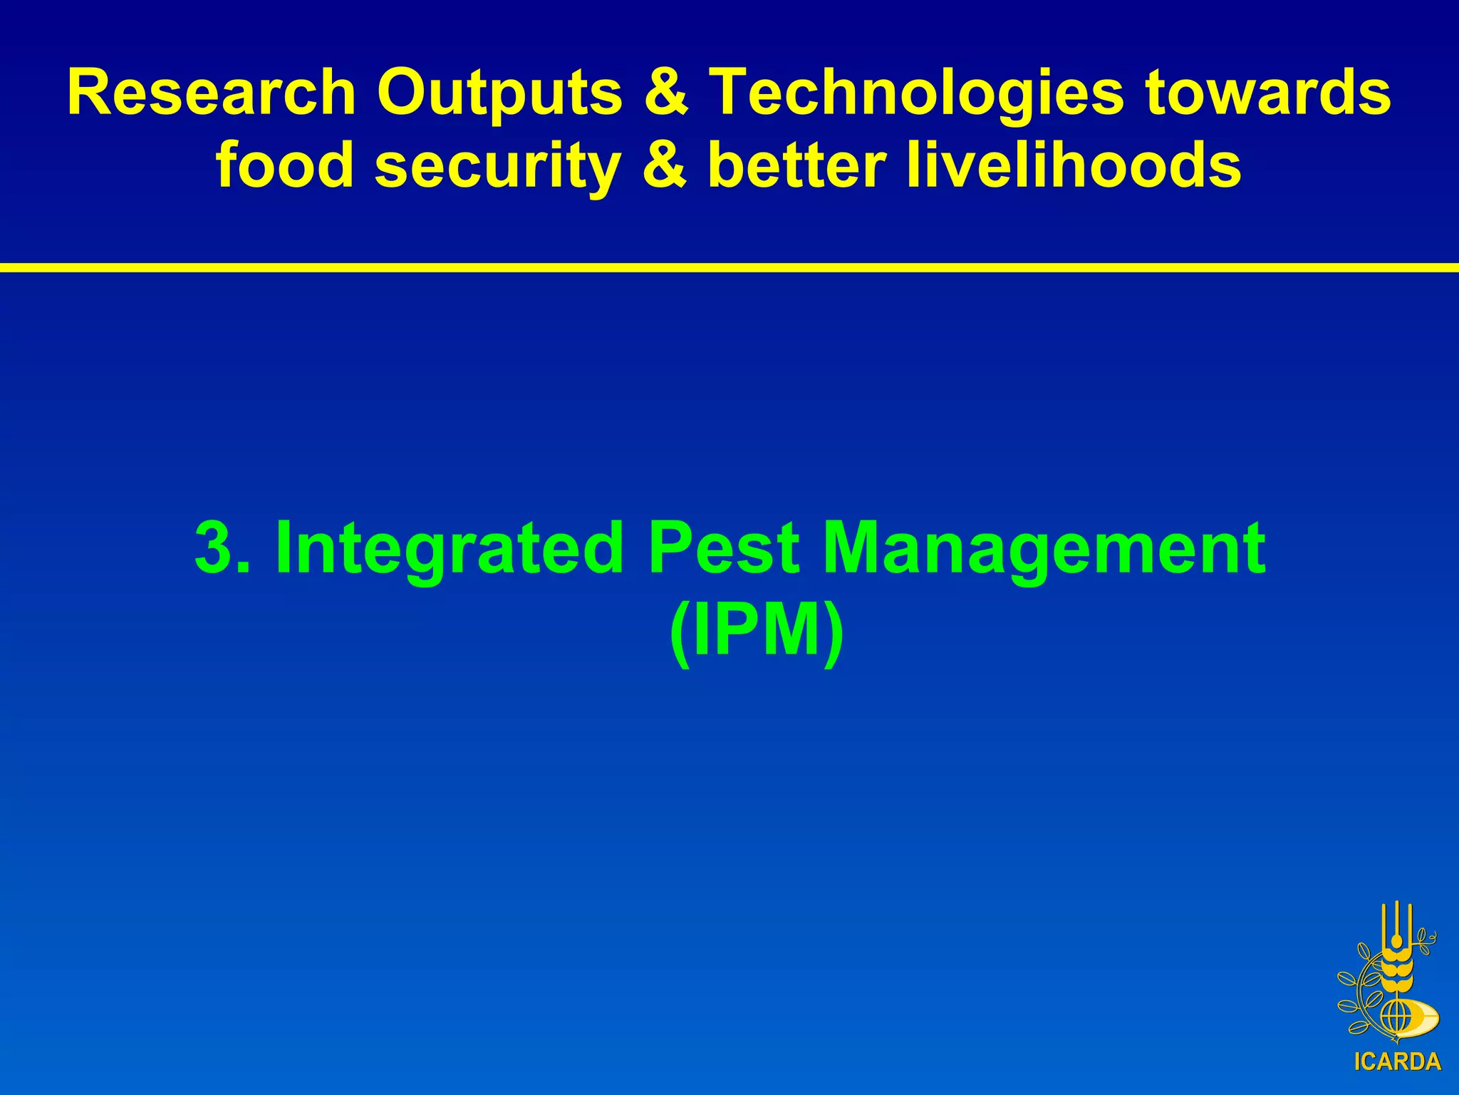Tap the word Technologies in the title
click(x=919, y=93)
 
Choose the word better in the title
click(x=796, y=165)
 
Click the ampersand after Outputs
click(x=666, y=93)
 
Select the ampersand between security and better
click(x=665, y=165)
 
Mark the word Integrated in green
click(x=449, y=547)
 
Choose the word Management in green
click(x=1044, y=547)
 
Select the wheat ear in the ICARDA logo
click(x=1397, y=970)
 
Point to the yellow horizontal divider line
click(x=729, y=267)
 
